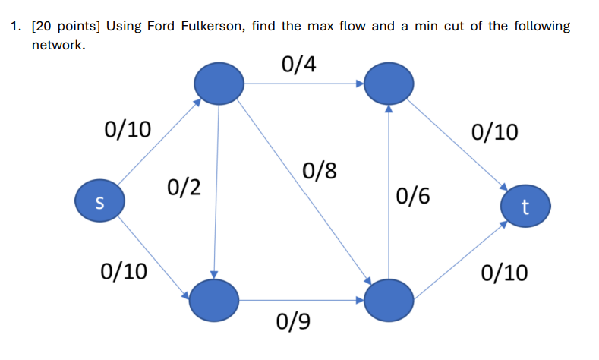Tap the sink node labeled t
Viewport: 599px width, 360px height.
tap(525, 206)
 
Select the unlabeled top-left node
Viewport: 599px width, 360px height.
tap(219, 83)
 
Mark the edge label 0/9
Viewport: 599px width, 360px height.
tap(294, 324)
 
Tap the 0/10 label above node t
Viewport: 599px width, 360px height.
tap(495, 133)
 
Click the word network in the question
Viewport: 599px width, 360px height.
tap(58, 46)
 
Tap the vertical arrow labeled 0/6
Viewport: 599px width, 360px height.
tap(389, 197)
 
